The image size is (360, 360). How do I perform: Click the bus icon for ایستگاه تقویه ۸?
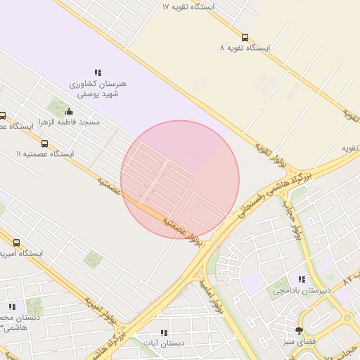click(245, 37)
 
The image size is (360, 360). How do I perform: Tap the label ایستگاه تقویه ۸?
click(245, 49)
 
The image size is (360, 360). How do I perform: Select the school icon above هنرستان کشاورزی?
click(98, 72)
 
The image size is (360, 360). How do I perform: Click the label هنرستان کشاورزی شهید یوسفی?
click(98, 88)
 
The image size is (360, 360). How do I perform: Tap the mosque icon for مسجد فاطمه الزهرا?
click(69, 111)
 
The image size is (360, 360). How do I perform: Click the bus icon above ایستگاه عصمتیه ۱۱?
click(45, 143)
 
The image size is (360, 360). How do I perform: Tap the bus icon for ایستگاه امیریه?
click(16, 243)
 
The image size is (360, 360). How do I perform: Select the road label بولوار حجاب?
click(292, 219)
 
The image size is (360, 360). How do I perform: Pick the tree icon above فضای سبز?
click(300, 330)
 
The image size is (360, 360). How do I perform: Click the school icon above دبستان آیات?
click(164, 333)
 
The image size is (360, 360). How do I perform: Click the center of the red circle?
click(180, 179)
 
